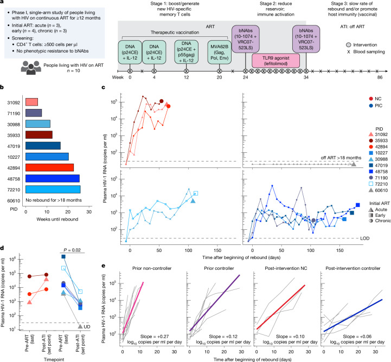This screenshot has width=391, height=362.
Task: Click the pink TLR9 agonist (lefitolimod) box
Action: (275, 61)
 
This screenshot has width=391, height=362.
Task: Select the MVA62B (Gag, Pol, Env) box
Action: (219, 53)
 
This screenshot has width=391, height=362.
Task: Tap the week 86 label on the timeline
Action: (380, 77)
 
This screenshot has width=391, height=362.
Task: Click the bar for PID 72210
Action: (53, 190)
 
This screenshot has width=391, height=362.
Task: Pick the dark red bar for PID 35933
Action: (39, 135)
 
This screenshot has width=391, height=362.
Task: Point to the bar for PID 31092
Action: (31, 102)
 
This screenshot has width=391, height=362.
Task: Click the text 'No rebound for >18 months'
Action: (54, 200)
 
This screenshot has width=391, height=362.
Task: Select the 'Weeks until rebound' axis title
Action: (57, 219)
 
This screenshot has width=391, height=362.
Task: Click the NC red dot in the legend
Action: (371, 99)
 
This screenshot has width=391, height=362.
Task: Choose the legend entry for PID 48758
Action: (378, 172)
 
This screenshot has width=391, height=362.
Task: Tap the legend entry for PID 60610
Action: (378, 190)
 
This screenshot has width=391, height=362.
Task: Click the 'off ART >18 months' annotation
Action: (341, 158)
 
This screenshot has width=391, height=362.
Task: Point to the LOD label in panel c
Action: (364, 238)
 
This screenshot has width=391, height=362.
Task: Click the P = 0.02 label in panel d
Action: (72, 250)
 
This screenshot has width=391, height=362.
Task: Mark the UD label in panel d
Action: (87, 327)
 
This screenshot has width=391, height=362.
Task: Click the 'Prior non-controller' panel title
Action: (152, 268)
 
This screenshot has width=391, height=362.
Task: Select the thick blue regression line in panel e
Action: (353, 315)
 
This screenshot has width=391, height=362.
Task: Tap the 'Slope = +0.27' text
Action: (155, 337)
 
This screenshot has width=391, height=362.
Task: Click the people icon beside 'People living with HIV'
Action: (31, 68)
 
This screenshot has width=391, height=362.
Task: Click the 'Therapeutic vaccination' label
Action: (175, 33)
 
